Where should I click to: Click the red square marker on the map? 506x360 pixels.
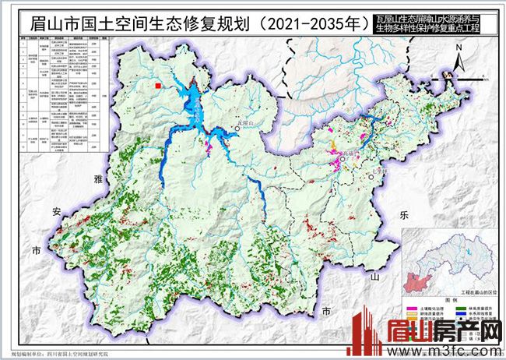[158, 86]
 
